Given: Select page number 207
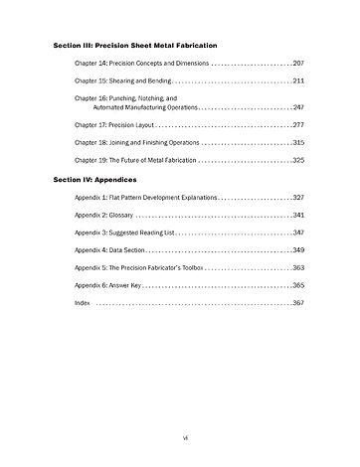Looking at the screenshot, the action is coord(298,64).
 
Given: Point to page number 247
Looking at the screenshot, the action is coord(298,106).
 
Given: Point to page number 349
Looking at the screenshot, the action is coord(298,249).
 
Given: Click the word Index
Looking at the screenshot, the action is coord(82,301).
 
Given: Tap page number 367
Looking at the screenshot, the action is coord(298,301).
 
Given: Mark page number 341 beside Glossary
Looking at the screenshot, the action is coord(298,215).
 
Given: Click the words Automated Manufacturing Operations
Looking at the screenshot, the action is coord(145,106).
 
